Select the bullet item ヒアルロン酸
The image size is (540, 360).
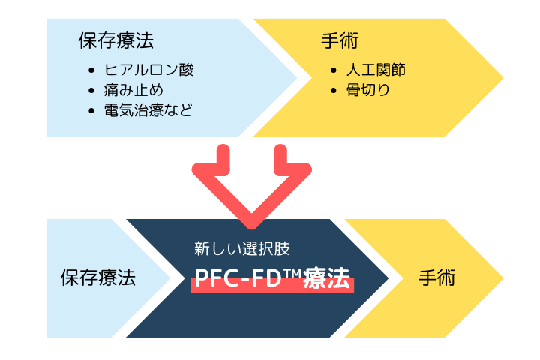coord(149,71)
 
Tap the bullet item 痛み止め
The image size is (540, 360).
coord(134,91)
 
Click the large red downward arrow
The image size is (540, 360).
coord(253,187)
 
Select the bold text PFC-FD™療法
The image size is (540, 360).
coord(272,278)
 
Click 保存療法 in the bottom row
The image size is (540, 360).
coord(97,278)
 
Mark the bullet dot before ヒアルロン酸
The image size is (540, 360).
coord(91,72)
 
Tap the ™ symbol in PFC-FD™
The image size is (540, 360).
coord(292,274)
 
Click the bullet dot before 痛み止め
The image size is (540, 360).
coord(91,91)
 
